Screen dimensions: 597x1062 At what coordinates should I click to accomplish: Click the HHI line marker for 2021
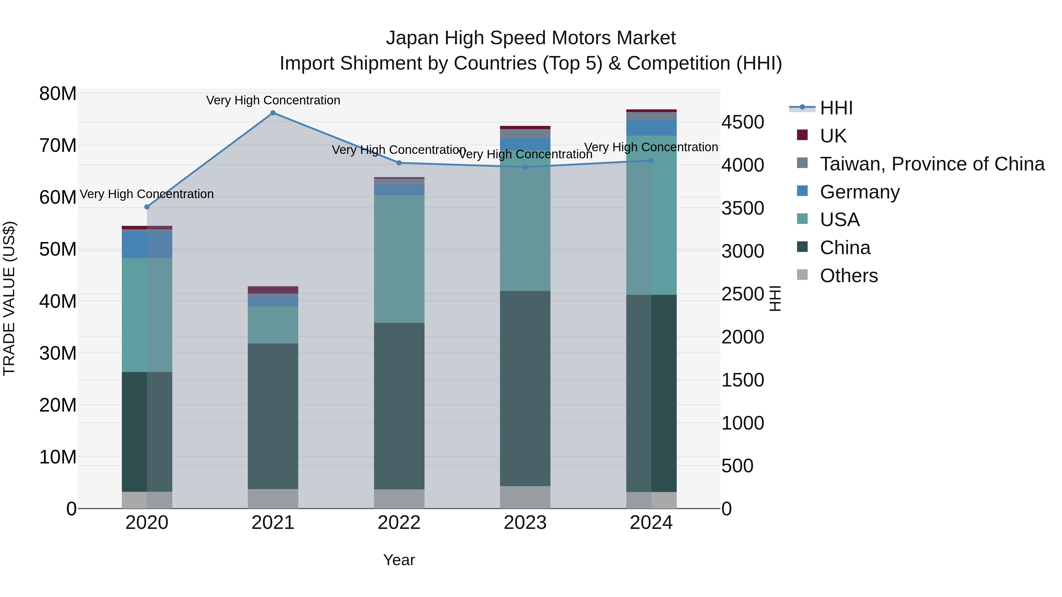click(273, 113)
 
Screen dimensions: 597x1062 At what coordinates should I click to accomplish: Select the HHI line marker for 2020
click(147, 207)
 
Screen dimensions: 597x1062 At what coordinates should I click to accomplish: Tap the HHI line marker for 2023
click(525, 167)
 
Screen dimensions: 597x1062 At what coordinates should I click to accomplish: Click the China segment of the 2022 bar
click(399, 406)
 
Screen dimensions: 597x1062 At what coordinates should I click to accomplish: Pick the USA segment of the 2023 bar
click(525, 223)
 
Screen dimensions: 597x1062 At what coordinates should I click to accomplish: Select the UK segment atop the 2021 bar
click(273, 290)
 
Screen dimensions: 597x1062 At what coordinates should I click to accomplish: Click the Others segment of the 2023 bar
click(525, 497)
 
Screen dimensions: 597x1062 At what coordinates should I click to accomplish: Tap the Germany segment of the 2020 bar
click(147, 245)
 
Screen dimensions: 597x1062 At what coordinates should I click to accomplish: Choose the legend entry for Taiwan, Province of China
click(932, 164)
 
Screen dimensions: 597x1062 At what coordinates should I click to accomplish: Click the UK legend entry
click(833, 136)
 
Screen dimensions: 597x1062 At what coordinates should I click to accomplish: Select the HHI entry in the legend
click(836, 108)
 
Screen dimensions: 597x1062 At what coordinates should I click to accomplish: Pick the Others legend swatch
click(802, 275)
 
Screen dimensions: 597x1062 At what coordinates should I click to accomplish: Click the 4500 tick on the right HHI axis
click(743, 122)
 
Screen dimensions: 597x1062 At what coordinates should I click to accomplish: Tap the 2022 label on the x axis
click(399, 523)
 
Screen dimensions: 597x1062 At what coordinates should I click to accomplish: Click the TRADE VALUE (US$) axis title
click(9, 298)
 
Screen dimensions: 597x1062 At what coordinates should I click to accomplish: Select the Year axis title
click(399, 560)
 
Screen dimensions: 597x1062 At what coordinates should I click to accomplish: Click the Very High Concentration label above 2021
click(273, 100)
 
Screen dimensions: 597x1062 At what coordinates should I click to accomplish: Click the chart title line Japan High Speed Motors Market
click(531, 38)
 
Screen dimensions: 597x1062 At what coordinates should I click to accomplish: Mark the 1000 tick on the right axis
click(743, 423)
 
